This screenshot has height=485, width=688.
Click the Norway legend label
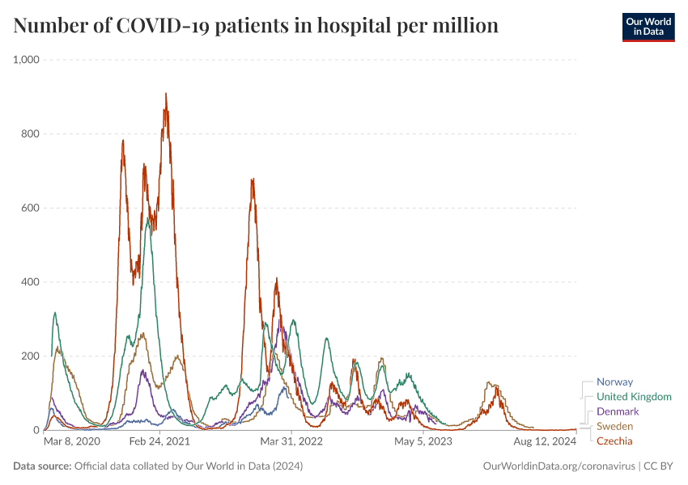(x=614, y=382)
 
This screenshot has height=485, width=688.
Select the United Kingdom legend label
(x=634, y=397)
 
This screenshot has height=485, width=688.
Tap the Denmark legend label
(x=618, y=411)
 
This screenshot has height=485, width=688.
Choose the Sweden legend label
(x=614, y=426)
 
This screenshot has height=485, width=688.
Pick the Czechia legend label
(x=614, y=441)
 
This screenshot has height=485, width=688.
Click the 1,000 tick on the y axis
(x=28, y=60)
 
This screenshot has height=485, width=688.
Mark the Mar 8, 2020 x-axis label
(x=72, y=442)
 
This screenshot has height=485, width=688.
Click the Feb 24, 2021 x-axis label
(x=159, y=442)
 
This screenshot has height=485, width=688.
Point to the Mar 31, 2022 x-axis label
(x=292, y=442)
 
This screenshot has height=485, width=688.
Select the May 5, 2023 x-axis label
(x=423, y=442)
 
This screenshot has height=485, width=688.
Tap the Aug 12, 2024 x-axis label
(x=545, y=442)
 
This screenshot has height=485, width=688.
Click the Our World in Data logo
(x=648, y=27)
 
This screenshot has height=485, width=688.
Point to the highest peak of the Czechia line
(x=166, y=94)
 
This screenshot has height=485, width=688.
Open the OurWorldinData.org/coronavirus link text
(x=558, y=466)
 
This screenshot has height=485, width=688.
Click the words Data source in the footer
(x=41, y=466)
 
